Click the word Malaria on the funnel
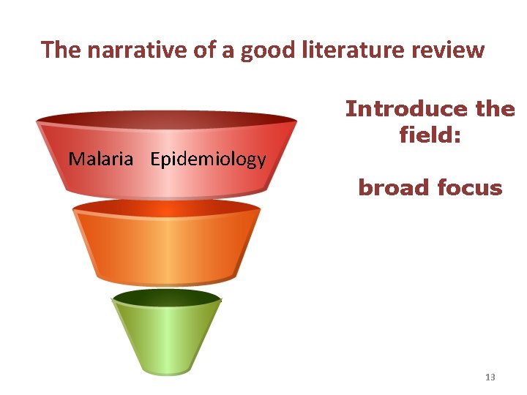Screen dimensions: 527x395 pyautogui.click(x=101, y=159)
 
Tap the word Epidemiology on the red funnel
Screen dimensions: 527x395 pyautogui.click(x=208, y=159)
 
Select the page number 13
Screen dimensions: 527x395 pyautogui.click(x=490, y=377)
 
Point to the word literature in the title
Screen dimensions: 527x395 pyautogui.click(x=348, y=50)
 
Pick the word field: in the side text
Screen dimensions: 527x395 pyautogui.click(x=430, y=135)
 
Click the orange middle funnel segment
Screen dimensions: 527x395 pyautogui.click(x=167, y=245)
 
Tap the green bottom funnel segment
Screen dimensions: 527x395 pyautogui.click(x=167, y=336)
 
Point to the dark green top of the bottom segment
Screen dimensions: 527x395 pyautogui.click(x=167, y=298)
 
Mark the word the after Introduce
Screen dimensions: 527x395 pyautogui.click(x=495, y=109)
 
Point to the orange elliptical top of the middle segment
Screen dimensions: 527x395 pyautogui.click(x=167, y=208)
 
